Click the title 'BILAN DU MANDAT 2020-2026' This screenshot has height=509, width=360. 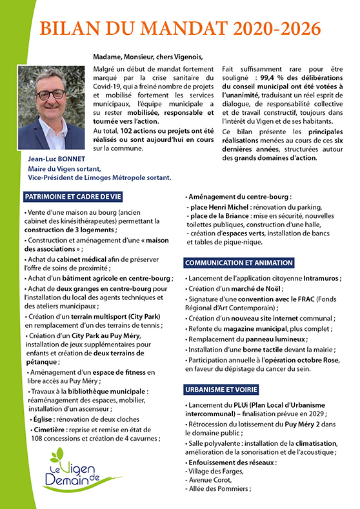point(180,28)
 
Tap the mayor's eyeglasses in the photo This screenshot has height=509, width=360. point(51,94)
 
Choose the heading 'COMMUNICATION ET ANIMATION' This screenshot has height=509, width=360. point(239,263)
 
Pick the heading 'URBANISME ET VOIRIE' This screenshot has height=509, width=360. point(223,390)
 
